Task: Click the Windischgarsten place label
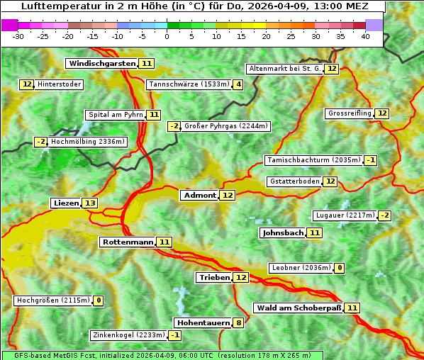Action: pyautogui.click(x=102, y=63)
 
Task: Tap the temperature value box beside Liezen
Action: pyautogui.click(x=90, y=203)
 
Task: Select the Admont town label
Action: pyautogui.click(x=199, y=195)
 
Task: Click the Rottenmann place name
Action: pyautogui.click(x=128, y=242)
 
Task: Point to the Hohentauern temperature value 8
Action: pyautogui.click(x=239, y=322)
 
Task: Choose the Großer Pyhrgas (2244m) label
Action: pyautogui.click(x=225, y=126)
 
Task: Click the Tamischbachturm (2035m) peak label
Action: pyautogui.click(x=313, y=160)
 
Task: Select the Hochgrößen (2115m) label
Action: pyautogui.click(x=53, y=300)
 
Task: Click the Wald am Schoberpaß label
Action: pyautogui.click(x=298, y=308)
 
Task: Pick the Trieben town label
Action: pyautogui.click(x=214, y=277)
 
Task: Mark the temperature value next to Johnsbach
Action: pyautogui.click(x=315, y=232)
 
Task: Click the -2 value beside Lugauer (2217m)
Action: pyautogui.click(x=384, y=215)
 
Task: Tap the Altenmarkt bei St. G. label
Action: pyautogui.click(x=284, y=69)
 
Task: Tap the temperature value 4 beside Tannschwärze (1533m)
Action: pyautogui.click(x=238, y=84)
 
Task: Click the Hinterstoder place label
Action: pyautogui.click(x=59, y=84)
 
